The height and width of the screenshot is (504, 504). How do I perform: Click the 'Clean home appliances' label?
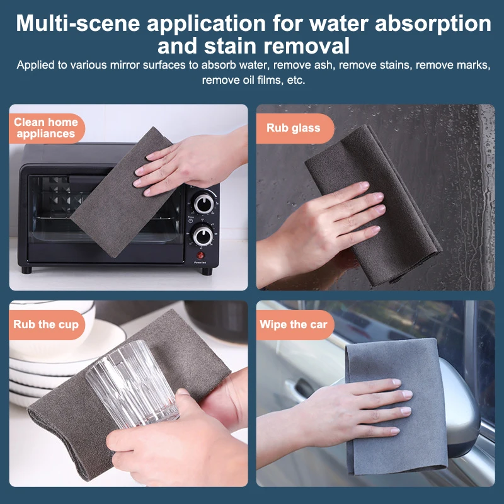(x=45, y=128)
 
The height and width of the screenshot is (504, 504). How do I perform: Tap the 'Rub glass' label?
(x=294, y=128)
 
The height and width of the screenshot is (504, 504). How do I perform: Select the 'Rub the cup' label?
(x=46, y=324)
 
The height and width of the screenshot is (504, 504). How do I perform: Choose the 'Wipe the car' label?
(x=294, y=324)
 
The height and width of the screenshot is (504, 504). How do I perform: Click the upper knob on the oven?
(x=203, y=203)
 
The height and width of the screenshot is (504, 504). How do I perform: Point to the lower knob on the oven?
(x=203, y=236)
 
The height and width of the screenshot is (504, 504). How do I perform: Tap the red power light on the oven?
(x=200, y=256)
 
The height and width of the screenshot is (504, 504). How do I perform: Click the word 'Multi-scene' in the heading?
(x=78, y=24)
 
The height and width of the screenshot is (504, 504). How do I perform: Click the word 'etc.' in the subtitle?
(x=295, y=80)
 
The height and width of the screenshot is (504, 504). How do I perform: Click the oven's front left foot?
(x=26, y=270)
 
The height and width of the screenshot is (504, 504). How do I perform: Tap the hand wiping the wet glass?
(x=321, y=231)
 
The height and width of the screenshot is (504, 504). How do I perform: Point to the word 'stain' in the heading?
(x=230, y=46)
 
